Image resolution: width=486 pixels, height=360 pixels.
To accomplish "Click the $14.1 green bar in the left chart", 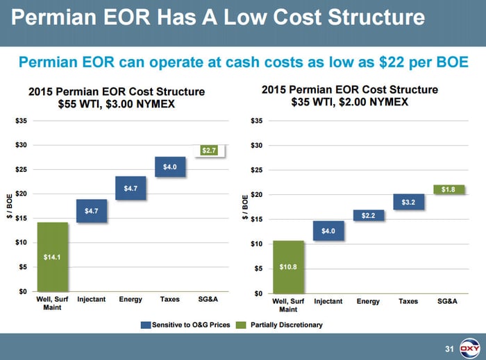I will point(52,257).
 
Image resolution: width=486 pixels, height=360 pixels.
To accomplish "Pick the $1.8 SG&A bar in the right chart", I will point(449,189).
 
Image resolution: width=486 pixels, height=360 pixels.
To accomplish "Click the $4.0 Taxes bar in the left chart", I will point(170,166).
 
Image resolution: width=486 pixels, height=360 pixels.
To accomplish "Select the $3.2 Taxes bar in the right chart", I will point(408,202).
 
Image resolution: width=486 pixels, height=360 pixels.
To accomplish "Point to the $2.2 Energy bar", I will point(368,216).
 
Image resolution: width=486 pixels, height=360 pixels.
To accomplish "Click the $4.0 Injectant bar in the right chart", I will point(328,231).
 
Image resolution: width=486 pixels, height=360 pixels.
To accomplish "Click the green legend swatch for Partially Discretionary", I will point(242,325).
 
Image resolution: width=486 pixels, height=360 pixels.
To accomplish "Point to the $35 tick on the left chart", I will point(22,121).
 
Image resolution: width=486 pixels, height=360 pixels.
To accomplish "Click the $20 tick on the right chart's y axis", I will point(257,194).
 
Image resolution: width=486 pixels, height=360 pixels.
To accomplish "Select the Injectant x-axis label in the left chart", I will point(92,300).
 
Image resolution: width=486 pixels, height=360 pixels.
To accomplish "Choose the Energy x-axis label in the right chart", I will point(368,302).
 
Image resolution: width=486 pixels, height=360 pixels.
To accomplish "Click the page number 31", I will point(448,348).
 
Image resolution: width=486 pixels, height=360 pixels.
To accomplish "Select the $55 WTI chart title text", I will point(81,105).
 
